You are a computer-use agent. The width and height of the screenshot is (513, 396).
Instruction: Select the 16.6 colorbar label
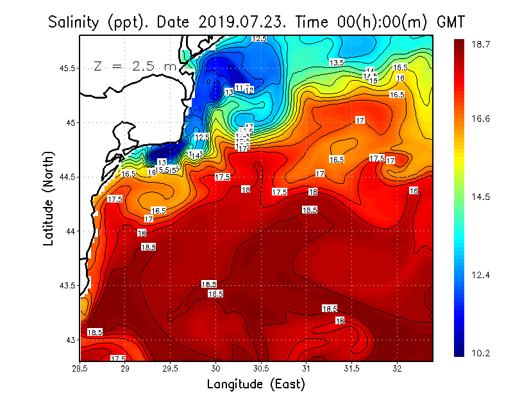482,119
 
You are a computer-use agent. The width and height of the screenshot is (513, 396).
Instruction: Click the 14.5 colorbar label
482,197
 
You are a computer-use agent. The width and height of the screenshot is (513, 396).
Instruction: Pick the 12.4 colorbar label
482,275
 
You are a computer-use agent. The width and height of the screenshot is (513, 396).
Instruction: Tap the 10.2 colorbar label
482,353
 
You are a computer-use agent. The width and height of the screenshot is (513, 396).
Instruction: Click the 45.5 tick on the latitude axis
65,68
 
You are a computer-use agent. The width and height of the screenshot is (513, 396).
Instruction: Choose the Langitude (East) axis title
256,384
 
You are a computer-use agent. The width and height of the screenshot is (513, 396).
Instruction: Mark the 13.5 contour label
337,63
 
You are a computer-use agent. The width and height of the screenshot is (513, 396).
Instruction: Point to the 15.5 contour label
400,67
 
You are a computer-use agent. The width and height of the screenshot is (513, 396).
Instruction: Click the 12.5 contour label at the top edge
259,39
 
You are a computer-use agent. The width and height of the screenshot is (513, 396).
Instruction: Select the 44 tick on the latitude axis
69,231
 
